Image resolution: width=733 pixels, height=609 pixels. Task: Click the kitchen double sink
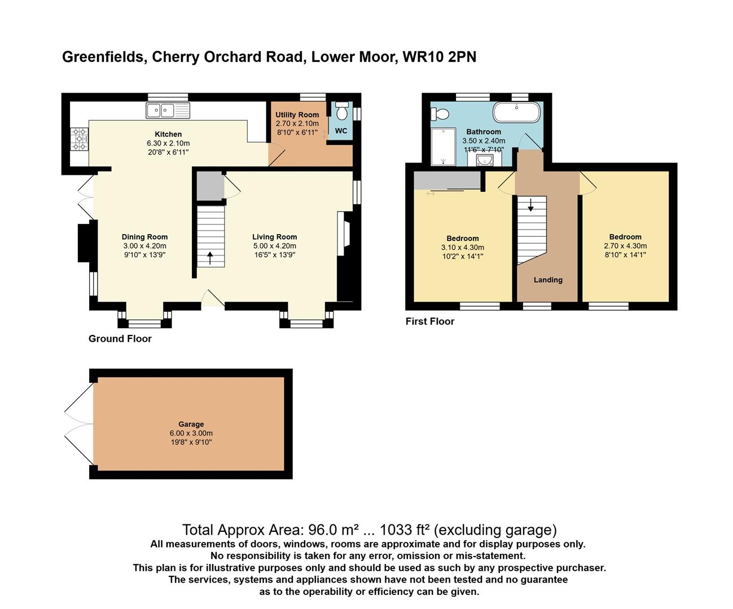point(168,110)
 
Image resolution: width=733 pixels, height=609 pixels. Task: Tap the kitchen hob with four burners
point(79,139)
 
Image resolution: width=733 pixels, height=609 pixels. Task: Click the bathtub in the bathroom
point(517,112)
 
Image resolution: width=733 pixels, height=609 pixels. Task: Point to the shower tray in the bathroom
point(443,147)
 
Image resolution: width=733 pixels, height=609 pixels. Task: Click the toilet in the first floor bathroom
point(440,114)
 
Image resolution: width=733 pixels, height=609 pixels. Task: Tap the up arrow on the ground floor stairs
point(210,258)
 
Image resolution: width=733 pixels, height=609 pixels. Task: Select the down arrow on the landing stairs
point(530,205)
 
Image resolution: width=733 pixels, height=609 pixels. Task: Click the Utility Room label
point(297,114)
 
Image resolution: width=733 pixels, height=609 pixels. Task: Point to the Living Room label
point(274,237)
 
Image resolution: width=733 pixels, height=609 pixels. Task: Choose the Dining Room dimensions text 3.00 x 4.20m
point(144,246)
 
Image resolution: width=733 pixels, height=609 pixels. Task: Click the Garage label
point(191,424)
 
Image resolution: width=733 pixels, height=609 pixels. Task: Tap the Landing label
point(548,280)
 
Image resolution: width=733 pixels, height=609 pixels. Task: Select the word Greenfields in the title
point(102,57)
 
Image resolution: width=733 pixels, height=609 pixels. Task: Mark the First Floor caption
point(429,321)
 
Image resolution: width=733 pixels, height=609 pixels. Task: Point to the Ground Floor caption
point(120,339)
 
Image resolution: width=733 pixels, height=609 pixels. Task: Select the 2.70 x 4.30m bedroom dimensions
point(625,246)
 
